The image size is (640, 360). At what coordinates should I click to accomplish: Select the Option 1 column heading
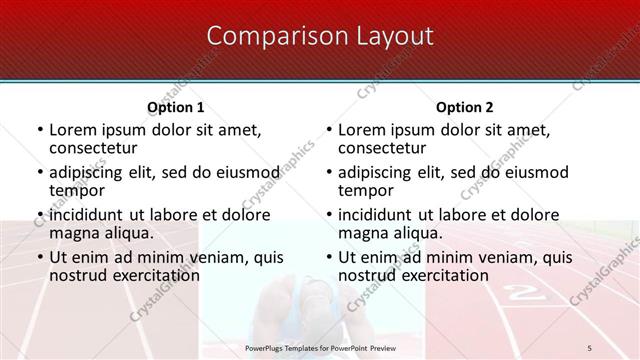175,107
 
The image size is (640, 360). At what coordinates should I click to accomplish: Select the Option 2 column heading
464,107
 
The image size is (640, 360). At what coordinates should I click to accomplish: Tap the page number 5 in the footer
590,346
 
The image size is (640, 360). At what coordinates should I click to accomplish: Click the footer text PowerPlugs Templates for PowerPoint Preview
320,346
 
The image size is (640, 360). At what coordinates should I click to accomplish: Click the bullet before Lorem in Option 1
39,130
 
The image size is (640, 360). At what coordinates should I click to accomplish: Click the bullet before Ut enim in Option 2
328,258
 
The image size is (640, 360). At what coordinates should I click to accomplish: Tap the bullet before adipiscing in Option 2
328,172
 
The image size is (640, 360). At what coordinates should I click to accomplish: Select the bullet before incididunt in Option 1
39,215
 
